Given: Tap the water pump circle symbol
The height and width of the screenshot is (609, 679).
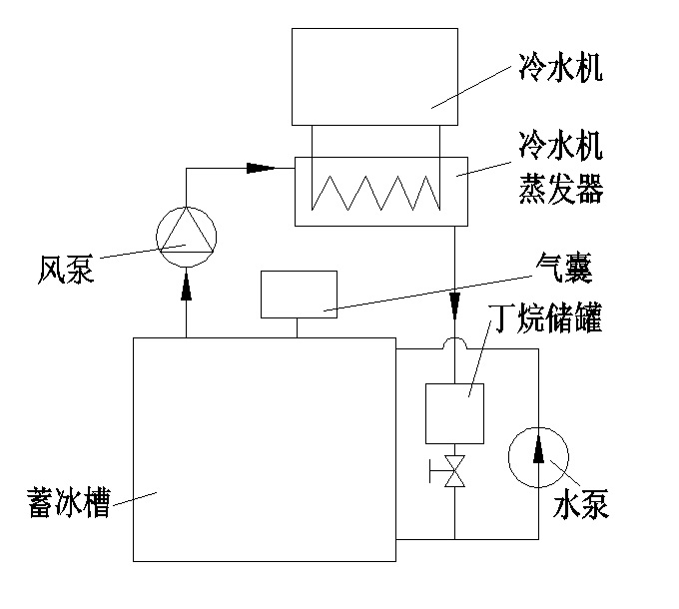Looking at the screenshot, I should click(x=538, y=456).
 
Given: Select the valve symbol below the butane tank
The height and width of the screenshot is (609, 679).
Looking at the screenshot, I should click(x=454, y=471).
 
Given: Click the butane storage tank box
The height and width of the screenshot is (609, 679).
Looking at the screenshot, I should click(x=454, y=413).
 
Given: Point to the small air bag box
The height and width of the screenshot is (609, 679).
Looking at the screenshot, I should click(x=298, y=295).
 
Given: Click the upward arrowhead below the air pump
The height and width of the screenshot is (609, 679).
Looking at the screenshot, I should click(x=186, y=288).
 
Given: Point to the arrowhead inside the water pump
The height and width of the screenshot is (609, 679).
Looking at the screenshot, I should click(x=538, y=450).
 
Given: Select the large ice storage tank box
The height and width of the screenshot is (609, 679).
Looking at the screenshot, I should click(x=264, y=449).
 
